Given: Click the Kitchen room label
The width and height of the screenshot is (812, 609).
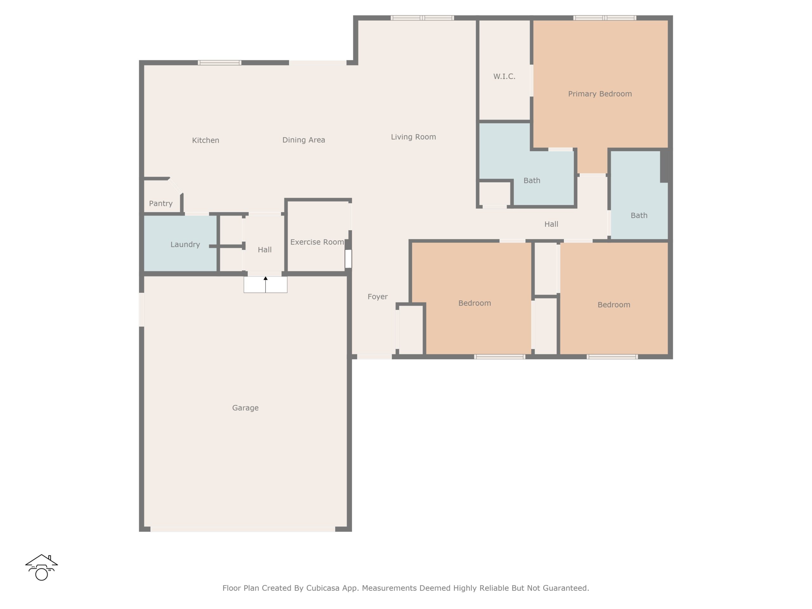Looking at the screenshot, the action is [206, 140].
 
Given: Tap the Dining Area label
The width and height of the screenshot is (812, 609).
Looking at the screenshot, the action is [304, 140].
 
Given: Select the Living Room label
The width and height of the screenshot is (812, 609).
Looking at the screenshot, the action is [413, 137].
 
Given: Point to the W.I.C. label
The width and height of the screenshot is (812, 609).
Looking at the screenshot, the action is [504, 76].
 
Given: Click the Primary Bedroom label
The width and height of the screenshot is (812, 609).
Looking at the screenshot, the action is [600, 94].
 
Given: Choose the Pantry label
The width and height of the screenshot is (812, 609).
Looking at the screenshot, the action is [161, 203].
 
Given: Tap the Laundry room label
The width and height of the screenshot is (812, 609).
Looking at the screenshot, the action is [185, 245].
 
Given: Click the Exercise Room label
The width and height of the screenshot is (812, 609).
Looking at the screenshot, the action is [317, 242].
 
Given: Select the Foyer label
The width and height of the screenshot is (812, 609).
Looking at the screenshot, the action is [378, 297].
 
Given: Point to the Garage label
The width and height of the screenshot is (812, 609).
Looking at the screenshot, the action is [245, 408].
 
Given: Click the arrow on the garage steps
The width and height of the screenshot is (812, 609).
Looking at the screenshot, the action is [265, 285].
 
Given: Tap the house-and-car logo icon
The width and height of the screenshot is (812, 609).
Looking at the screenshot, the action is [42, 567].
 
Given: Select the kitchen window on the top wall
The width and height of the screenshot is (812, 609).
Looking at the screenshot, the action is [219, 63].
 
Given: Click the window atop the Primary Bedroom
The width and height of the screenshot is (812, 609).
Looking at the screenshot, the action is [605, 18].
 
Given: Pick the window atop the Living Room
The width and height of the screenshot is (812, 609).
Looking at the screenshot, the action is [422, 18].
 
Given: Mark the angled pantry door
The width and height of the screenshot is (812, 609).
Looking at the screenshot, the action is [175, 186].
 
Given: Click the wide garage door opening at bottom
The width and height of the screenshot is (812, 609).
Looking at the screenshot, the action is [243, 529].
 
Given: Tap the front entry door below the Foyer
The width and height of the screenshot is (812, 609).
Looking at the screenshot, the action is [374, 357].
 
